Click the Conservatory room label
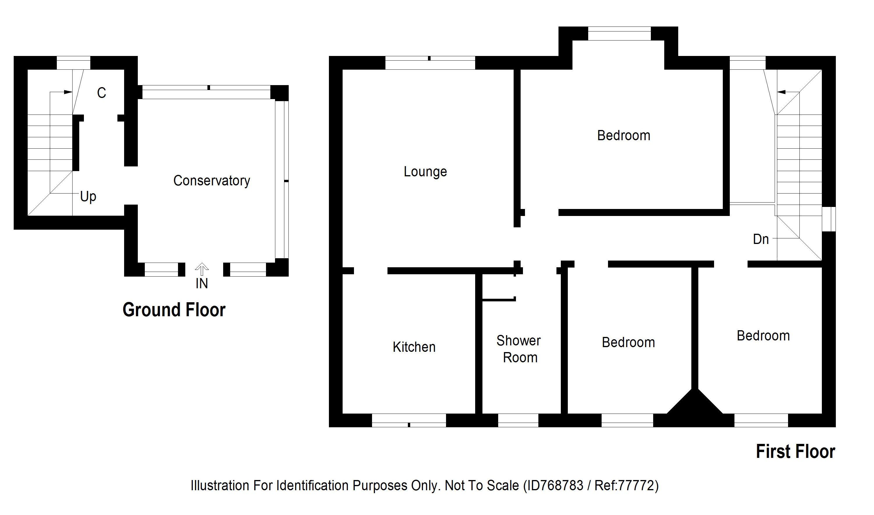click(212, 181)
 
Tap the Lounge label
click(425, 172)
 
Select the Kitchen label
click(414, 347)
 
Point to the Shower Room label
click(519, 349)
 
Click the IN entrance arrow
click(202, 269)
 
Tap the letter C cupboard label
click(101, 93)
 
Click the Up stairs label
click(88, 197)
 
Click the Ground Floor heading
click(174, 310)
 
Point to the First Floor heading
click(795, 452)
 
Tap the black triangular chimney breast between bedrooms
click(695, 404)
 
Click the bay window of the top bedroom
click(619, 34)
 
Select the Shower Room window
click(518, 420)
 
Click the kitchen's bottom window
click(409, 420)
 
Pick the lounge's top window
click(430, 63)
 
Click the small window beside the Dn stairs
click(829, 219)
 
